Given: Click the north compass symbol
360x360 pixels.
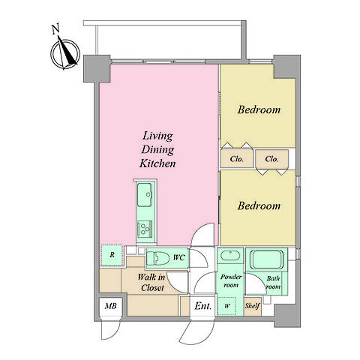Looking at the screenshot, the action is [65, 53].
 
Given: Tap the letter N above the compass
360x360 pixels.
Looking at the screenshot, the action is [55, 28].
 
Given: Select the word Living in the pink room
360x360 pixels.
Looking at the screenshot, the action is [157, 136].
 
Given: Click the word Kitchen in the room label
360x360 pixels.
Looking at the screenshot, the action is [157, 163].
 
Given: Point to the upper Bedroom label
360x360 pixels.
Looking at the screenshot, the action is [259, 109].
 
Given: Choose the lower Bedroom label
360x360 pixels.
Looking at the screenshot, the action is [259, 205].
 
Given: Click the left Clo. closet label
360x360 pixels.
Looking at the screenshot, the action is [236, 159].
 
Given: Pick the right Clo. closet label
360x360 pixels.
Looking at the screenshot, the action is [271, 159].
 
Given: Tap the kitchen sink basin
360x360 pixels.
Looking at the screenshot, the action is [145, 195].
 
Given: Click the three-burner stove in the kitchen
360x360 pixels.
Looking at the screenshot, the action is [144, 229].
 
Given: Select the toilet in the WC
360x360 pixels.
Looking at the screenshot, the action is [156, 258].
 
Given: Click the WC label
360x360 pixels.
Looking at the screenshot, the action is [179, 257].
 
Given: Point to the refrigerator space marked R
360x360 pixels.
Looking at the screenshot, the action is [112, 255].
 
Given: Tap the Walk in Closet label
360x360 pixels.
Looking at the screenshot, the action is [151, 282].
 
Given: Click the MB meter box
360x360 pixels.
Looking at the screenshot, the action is [110, 306].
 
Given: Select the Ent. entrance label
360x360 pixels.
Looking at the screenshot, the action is [203, 306].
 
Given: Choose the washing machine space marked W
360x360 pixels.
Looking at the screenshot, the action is [226, 306].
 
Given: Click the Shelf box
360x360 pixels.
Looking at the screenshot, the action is [253, 306].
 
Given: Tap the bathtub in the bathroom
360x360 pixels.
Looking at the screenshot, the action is [267, 259].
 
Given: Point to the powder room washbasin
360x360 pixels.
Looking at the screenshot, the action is [230, 256].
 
